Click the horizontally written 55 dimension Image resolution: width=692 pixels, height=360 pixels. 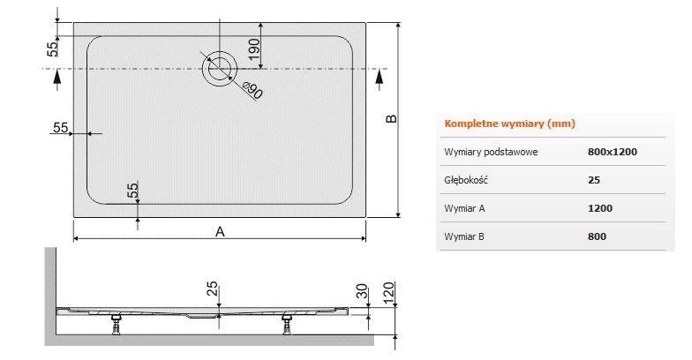(60, 128)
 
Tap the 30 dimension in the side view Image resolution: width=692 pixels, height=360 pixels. (360, 292)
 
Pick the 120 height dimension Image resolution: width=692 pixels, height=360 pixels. (388, 292)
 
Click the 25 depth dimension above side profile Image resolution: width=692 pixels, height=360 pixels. (213, 289)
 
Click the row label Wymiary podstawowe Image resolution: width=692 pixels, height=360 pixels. (492, 152)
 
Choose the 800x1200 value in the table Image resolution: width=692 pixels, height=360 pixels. (612, 152)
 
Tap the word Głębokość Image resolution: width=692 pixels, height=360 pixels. (467, 180)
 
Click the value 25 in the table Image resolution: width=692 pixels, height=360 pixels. (593, 180)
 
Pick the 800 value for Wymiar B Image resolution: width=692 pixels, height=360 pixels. (596, 236)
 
